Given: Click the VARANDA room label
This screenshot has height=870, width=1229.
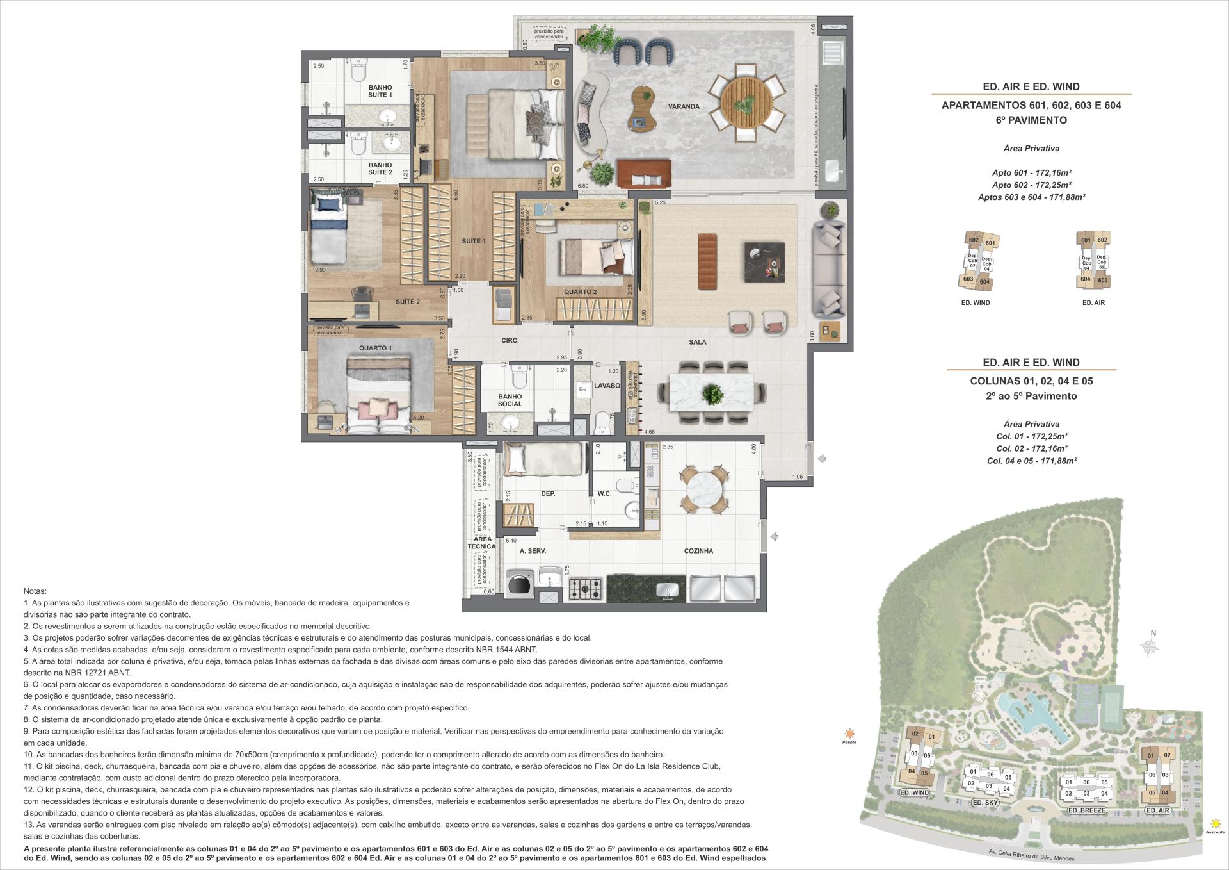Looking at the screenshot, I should pyautogui.click(x=683, y=106).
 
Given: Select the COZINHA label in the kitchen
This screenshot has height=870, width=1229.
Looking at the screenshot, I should pyautogui.click(x=698, y=551).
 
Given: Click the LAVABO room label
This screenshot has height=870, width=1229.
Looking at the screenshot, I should pyautogui.click(x=606, y=386).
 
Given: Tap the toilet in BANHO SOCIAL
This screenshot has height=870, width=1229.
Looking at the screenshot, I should pyautogui.click(x=518, y=378).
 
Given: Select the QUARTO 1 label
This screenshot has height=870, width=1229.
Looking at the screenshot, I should pyautogui.click(x=375, y=348).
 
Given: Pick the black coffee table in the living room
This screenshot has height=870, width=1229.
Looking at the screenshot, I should pyautogui.click(x=764, y=261).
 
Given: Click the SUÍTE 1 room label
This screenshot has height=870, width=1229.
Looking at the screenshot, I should pyautogui.click(x=474, y=241).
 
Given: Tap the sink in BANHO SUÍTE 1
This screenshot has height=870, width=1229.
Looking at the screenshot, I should pyautogui.click(x=387, y=117).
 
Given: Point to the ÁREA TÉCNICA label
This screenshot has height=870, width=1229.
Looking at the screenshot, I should pyautogui.click(x=481, y=543).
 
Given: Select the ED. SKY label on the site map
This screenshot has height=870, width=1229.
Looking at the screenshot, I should pyautogui.click(x=986, y=802).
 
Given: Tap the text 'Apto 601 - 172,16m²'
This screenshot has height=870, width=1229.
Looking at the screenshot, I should pyautogui.click(x=1031, y=173).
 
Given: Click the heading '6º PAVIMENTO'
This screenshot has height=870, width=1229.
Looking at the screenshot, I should pyautogui.click(x=1031, y=120).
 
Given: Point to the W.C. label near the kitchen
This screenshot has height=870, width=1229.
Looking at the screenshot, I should pyautogui.click(x=604, y=493).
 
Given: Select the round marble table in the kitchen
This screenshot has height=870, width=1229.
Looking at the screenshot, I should pyautogui.click(x=703, y=490).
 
